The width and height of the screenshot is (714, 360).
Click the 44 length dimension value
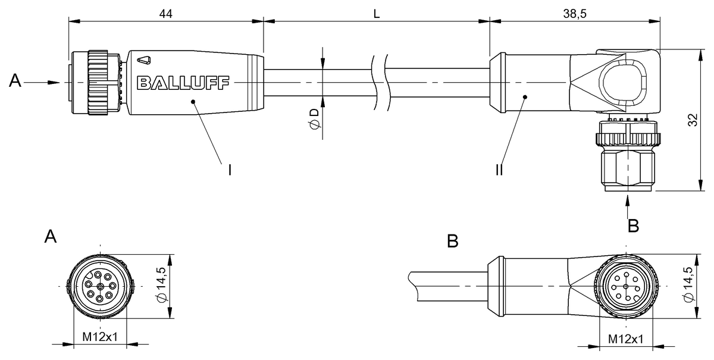point(166,14)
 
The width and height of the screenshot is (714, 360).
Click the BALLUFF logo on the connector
point(183,82)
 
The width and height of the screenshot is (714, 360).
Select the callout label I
point(229,170)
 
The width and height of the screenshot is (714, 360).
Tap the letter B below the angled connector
point(634,226)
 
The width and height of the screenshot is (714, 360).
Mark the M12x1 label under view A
point(100,337)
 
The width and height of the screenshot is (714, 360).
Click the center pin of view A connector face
point(100,286)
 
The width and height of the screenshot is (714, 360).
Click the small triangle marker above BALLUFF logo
point(143,60)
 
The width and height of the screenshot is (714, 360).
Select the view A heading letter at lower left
point(51,237)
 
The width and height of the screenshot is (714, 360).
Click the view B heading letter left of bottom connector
point(453,241)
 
